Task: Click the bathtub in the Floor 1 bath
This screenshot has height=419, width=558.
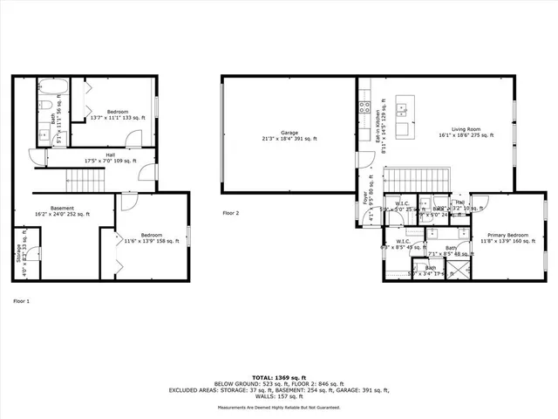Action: [51, 86]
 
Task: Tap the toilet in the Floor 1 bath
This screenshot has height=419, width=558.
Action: [43, 106]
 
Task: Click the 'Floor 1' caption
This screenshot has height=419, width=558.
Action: [22, 301]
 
